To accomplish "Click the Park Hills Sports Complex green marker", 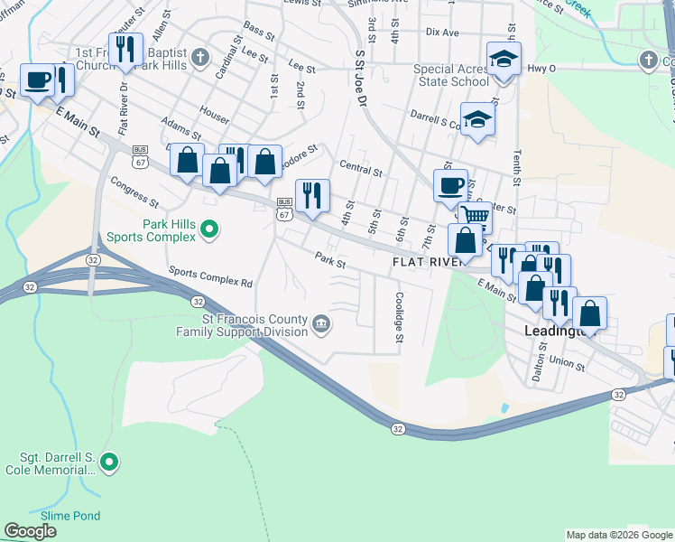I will pos(209,229).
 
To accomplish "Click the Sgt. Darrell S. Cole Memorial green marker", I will pos(109,463).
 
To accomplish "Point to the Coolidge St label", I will pos(398,317).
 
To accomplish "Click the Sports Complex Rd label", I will pos(210,276).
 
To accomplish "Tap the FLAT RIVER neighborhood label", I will pos(427,262).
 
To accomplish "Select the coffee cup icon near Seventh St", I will pos(450,186).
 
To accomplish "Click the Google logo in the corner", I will pos(30,531).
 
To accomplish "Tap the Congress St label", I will pos(134,190).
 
